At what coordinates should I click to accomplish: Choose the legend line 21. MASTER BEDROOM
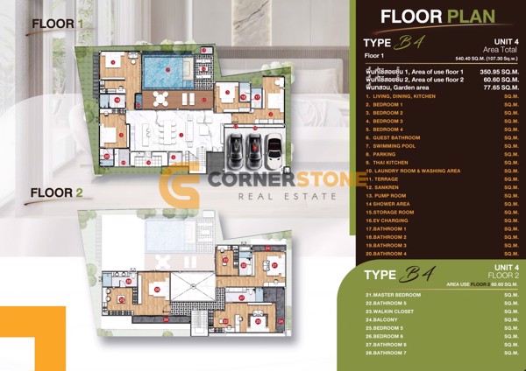point(394,295)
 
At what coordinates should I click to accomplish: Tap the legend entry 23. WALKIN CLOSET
point(394,311)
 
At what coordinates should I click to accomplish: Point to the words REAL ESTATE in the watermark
point(288,197)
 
